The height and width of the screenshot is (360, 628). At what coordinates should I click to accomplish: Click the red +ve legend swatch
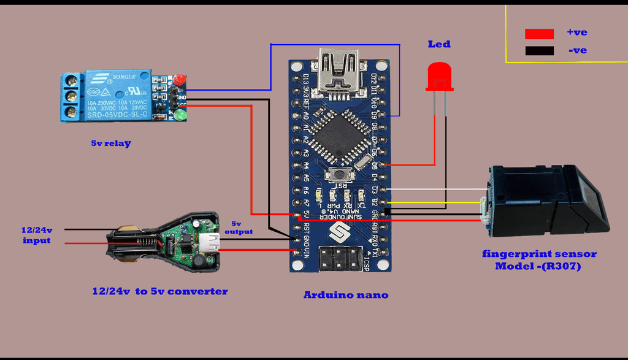pos(539,34)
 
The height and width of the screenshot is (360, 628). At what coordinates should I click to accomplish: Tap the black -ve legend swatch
pos(539,51)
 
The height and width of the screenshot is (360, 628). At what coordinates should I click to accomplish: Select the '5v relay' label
pos(111,144)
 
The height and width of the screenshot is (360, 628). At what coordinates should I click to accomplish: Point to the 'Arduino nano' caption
pos(346,295)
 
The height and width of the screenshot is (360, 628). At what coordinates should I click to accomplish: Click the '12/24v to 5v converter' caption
pos(160,291)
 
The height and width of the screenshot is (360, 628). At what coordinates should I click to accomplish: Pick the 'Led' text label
pos(439,44)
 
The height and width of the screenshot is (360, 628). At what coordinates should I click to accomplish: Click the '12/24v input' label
pos(37,235)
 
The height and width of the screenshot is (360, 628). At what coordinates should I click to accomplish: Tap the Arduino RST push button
pos(339,174)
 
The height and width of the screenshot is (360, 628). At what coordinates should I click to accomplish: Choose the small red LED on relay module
pos(179,80)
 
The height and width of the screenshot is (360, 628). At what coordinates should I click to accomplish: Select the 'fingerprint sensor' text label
pos(538,254)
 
